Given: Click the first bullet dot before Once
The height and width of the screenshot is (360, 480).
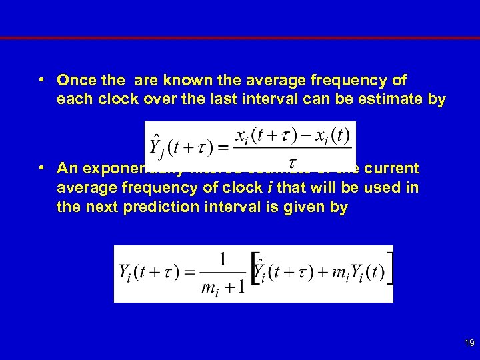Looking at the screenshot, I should (x=41, y=81).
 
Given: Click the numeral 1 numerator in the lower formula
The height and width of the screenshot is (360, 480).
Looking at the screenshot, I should (x=223, y=257).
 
